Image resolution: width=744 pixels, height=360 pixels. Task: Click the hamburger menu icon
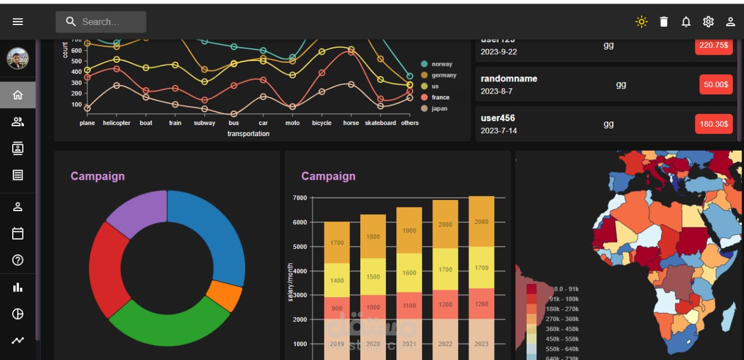tap(18, 22)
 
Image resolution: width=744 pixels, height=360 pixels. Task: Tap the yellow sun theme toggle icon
tap(641, 22)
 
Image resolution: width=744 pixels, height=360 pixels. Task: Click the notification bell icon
tap(686, 22)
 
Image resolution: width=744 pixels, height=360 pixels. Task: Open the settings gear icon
tap(708, 22)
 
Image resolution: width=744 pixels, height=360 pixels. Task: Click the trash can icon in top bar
tap(664, 22)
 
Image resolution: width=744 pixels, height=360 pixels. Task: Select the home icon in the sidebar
tap(18, 95)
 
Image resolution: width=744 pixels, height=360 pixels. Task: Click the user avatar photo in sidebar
tap(17, 58)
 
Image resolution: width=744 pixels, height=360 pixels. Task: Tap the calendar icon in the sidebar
tap(18, 233)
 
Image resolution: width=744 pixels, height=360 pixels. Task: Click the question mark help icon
tap(18, 260)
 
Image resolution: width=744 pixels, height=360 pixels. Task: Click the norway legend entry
tap(441, 64)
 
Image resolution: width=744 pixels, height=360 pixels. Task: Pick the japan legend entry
tap(439, 109)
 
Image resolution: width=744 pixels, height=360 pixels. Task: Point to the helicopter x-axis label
tap(117, 123)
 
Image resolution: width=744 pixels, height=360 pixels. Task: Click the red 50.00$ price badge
tap(716, 85)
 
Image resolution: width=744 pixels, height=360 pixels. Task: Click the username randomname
tap(509, 79)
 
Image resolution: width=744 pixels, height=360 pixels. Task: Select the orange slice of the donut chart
tap(225, 296)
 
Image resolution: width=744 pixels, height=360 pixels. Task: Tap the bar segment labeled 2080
tap(481, 222)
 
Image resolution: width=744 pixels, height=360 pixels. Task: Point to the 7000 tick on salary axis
tap(299, 198)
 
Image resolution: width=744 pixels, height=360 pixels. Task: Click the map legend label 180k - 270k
tap(562, 309)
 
